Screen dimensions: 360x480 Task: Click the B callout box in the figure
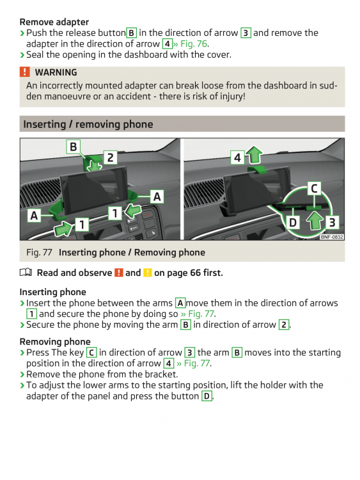tap(74, 147)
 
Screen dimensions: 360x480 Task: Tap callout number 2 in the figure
tap(110, 157)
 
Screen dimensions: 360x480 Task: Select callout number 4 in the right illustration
tap(237, 157)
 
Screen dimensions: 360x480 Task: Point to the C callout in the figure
tap(314, 188)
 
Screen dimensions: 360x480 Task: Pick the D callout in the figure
tap(293, 223)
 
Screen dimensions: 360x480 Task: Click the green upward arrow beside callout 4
tap(254, 155)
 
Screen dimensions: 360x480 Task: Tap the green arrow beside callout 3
tap(315, 221)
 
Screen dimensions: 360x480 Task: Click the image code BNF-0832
tap(332, 237)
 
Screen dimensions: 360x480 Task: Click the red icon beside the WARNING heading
tap(25, 72)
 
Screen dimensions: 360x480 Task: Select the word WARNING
tap(56, 72)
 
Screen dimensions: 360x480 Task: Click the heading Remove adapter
tap(54, 22)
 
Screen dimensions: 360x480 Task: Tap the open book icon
tap(26, 272)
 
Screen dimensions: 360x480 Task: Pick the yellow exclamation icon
tap(148, 273)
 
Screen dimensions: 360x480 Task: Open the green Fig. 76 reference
tap(194, 44)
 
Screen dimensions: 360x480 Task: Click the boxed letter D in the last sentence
tap(207, 396)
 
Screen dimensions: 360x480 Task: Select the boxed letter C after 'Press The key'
tap(91, 353)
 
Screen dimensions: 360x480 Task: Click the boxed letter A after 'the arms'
tap(180, 303)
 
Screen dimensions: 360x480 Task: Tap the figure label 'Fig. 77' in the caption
tap(39, 252)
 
